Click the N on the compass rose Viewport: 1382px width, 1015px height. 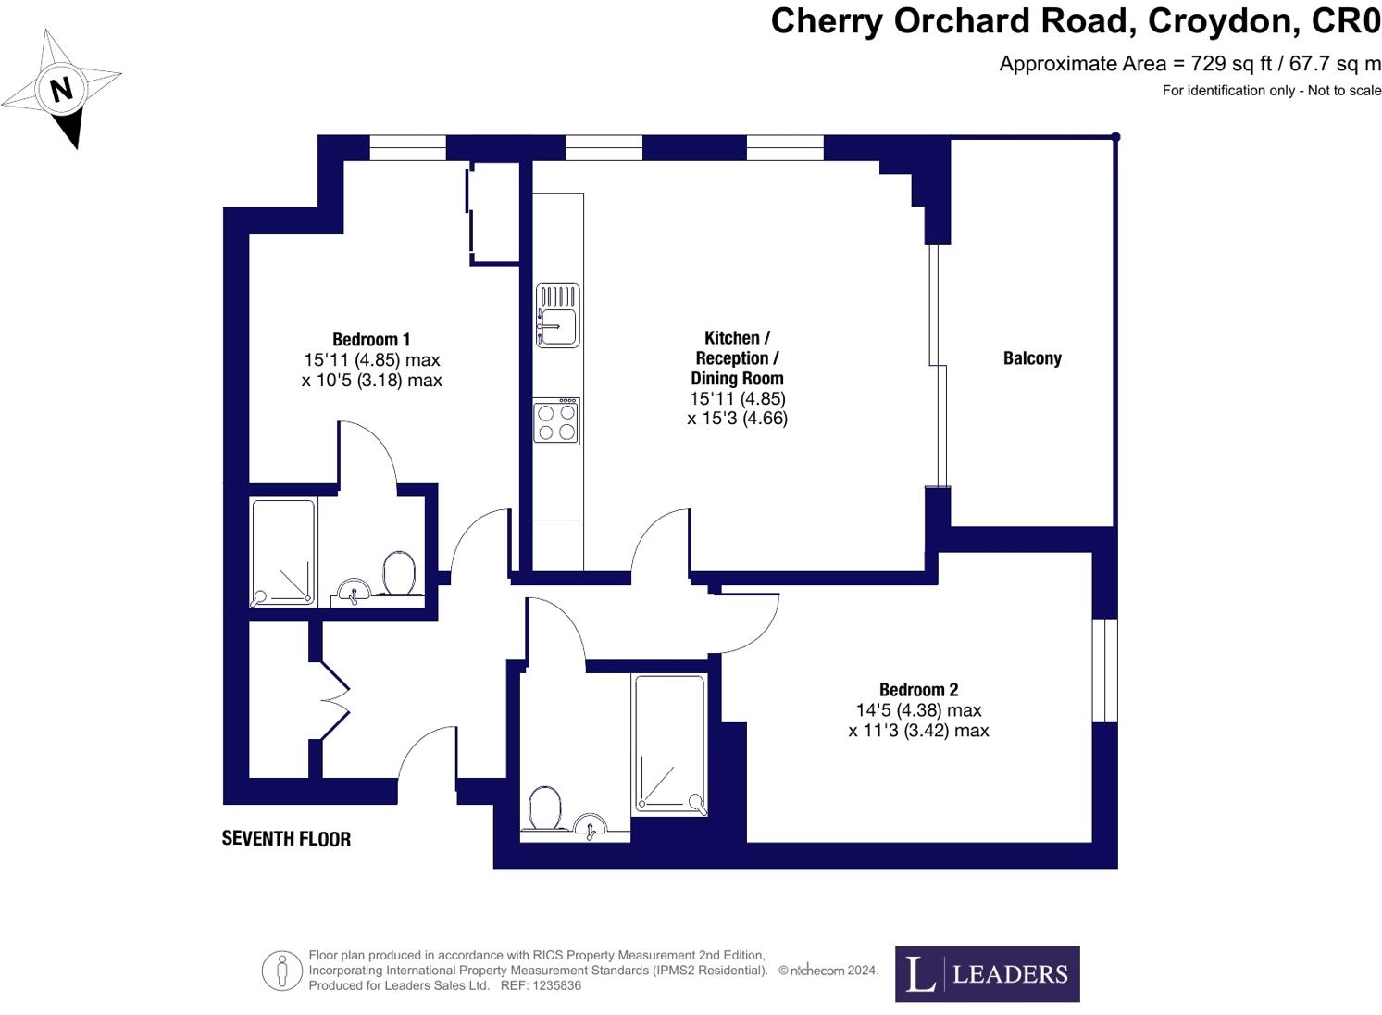tap(62, 90)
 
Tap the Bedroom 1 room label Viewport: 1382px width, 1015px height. tap(371, 340)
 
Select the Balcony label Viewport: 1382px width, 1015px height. tap(1032, 358)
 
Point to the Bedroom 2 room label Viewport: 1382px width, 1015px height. tap(918, 690)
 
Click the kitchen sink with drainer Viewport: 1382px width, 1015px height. tap(557, 316)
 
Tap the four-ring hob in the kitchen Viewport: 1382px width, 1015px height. tap(556, 422)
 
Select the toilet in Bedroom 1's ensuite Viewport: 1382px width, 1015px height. tap(399, 572)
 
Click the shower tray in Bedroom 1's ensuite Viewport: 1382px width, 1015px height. tap(283, 553)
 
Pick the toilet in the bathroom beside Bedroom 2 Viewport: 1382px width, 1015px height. tap(543, 808)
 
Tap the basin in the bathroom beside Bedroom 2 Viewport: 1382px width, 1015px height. tap(590, 824)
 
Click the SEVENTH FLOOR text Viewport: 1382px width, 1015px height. tap(286, 839)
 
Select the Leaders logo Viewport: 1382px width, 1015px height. tap(987, 973)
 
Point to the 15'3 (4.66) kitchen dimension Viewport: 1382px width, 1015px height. tap(738, 419)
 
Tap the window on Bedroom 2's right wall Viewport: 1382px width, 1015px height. tap(1104, 670)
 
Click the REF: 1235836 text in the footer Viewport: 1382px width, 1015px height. tap(541, 985)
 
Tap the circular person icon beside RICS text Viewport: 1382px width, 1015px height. tap(281, 971)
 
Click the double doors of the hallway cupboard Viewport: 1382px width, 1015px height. tap(334, 700)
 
